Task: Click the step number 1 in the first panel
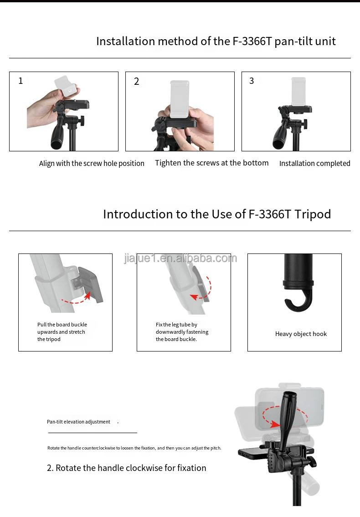pyautogui.click(x=21, y=81)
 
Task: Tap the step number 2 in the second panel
pyautogui.click(x=136, y=82)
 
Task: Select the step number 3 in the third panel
pyautogui.click(x=252, y=81)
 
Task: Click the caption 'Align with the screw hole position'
pyautogui.click(x=92, y=163)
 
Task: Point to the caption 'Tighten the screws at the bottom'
pyautogui.click(x=211, y=163)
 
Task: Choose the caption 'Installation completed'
pyautogui.click(x=314, y=163)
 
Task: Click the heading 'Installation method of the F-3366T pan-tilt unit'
pyautogui.click(x=216, y=41)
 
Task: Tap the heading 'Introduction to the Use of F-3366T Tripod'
pyautogui.click(x=217, y=214)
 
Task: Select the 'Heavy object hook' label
pyautogui.click(x=301, y=334)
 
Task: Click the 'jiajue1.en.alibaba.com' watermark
pyautogui.click(x=180, y=258)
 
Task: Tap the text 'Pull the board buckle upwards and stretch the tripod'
pyautogui.click(x=62, y=332)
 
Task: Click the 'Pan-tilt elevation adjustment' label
pyautogui.click(x=78, y=422)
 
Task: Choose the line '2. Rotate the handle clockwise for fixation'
pyautogui.click(x=127, y=468)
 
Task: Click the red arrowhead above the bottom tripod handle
pyautogui.click(x=274, y=424)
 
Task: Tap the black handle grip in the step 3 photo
pyautogui.click(x=279, y=136)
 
